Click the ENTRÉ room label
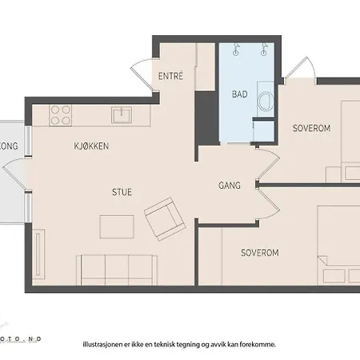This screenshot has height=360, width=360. click(171, 77)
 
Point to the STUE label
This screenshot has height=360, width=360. click(122, 192)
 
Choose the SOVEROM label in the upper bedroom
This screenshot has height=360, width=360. click(311, 128)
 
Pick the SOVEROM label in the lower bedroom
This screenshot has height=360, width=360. click(259, 253)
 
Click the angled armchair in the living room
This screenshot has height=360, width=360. click(165, 218)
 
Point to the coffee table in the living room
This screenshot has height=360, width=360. click(116, 227)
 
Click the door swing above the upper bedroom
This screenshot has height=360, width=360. click(299, 68)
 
